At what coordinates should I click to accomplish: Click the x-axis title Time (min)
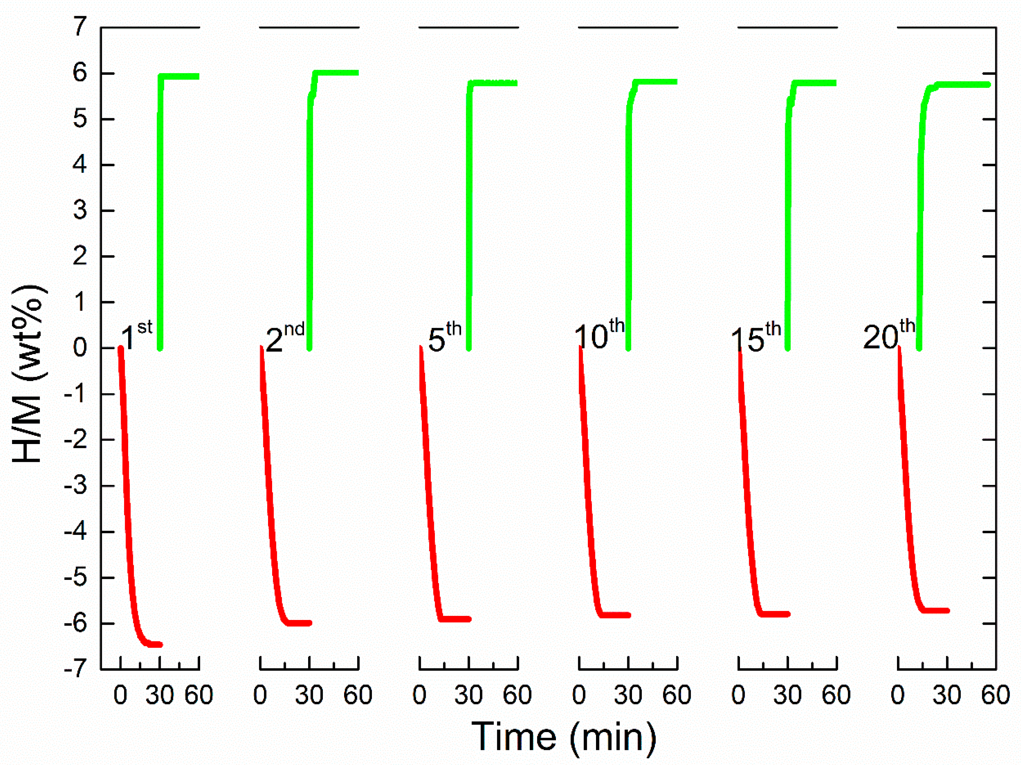564,737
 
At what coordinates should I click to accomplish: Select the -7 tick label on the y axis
76,669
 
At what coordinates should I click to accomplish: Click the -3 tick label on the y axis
76,486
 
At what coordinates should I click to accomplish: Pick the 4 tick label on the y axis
80,164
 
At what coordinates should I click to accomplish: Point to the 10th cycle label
599,335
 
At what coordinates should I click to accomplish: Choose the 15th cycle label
756,338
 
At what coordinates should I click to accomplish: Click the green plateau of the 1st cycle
180,76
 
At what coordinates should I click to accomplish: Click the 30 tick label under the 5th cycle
469,695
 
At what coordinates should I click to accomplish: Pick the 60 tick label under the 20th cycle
996,695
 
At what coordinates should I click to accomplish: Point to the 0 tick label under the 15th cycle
738,695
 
